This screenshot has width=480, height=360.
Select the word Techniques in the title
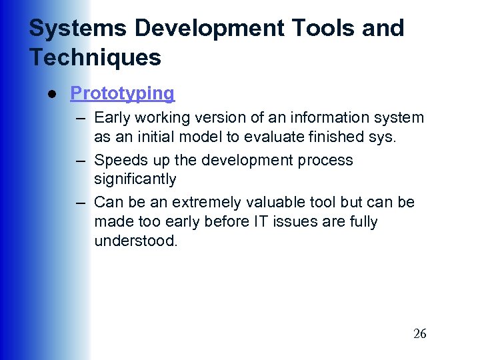pos(95,57)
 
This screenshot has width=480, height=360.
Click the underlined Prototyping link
pos(122,93)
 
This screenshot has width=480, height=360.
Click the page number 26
pos(419,334)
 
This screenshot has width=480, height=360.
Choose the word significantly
pos(135,179)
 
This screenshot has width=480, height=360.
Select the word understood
pos(136,241)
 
